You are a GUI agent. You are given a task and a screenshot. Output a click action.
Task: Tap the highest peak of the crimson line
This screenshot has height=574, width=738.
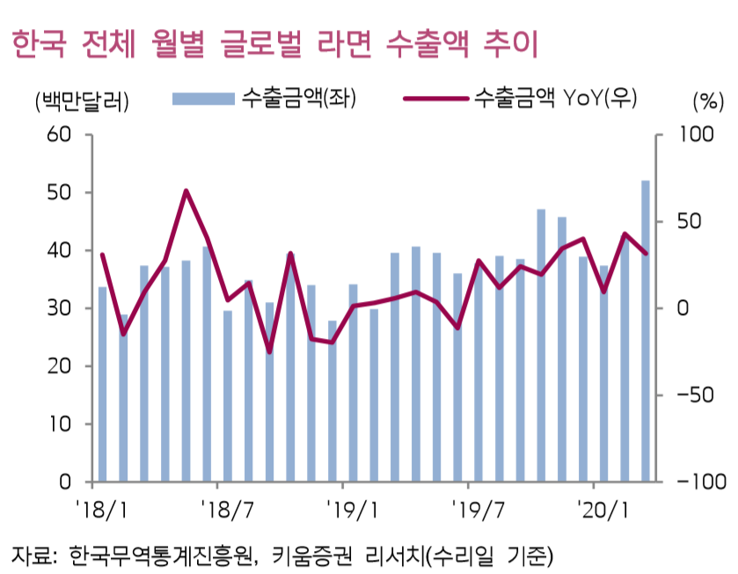point(186,190)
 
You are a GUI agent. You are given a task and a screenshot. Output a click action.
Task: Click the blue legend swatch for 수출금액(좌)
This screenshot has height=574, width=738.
point(201,98)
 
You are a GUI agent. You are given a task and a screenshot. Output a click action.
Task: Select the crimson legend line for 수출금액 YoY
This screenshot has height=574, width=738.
point(435,98)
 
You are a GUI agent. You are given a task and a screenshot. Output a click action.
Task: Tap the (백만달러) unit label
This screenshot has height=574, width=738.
point(80,100)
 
